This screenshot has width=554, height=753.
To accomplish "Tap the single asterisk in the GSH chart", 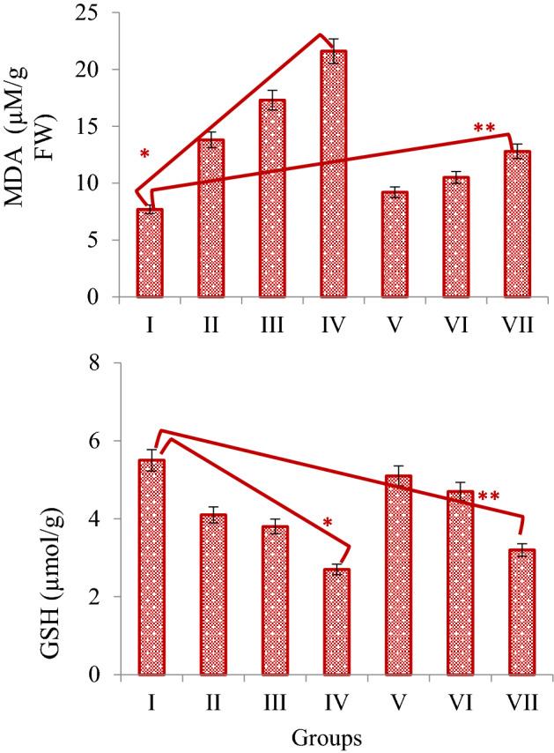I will [x=328, y=524].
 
